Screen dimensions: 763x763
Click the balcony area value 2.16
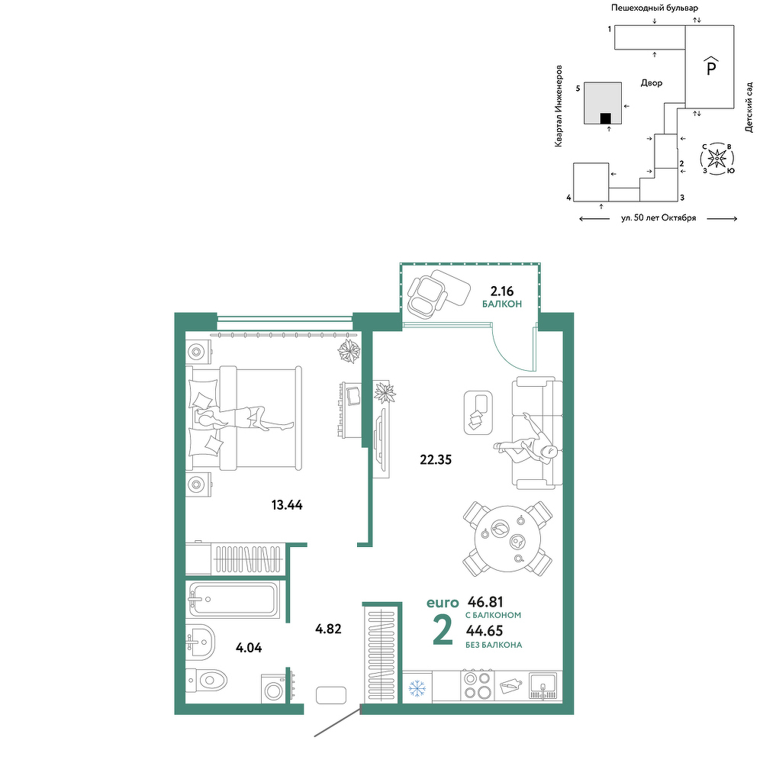502,291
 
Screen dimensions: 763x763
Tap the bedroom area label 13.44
287,505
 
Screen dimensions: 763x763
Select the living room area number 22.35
436,459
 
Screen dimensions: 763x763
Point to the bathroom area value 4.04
249,648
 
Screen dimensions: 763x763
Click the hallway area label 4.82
328,629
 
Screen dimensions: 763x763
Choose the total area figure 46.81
485,602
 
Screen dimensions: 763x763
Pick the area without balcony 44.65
485,631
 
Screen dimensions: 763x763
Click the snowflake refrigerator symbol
417,687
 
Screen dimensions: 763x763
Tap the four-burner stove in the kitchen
478,685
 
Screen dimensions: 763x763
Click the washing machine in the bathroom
274,688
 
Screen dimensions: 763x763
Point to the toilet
208,679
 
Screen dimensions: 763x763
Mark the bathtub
233,600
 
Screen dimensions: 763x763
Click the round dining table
507,539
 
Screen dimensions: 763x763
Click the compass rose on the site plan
717,159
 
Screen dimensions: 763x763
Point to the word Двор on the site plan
652,83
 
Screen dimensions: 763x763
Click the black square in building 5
605,118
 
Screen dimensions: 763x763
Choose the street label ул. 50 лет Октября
658,218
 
